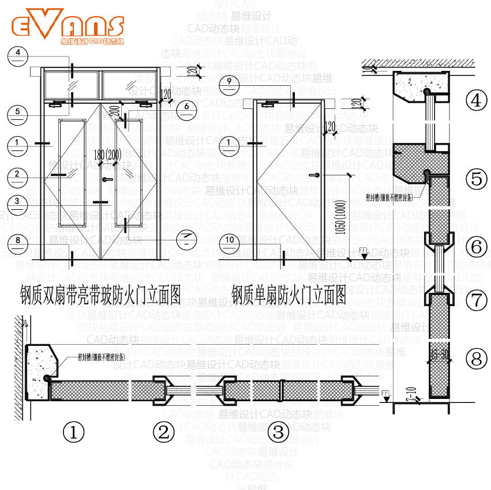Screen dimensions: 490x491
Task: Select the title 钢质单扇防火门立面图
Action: pos(288,295)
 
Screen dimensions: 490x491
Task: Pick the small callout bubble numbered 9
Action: pos(229,82)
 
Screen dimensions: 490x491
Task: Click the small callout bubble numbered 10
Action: pos(229,240)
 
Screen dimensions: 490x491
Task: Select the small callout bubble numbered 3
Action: pos(18,202)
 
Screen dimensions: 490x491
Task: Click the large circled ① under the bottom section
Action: pos(73,431)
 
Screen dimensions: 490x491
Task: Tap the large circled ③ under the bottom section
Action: pos(279,431)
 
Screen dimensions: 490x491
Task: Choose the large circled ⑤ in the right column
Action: pos(476,179)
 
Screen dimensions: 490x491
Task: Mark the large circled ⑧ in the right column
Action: pos(476,359)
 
